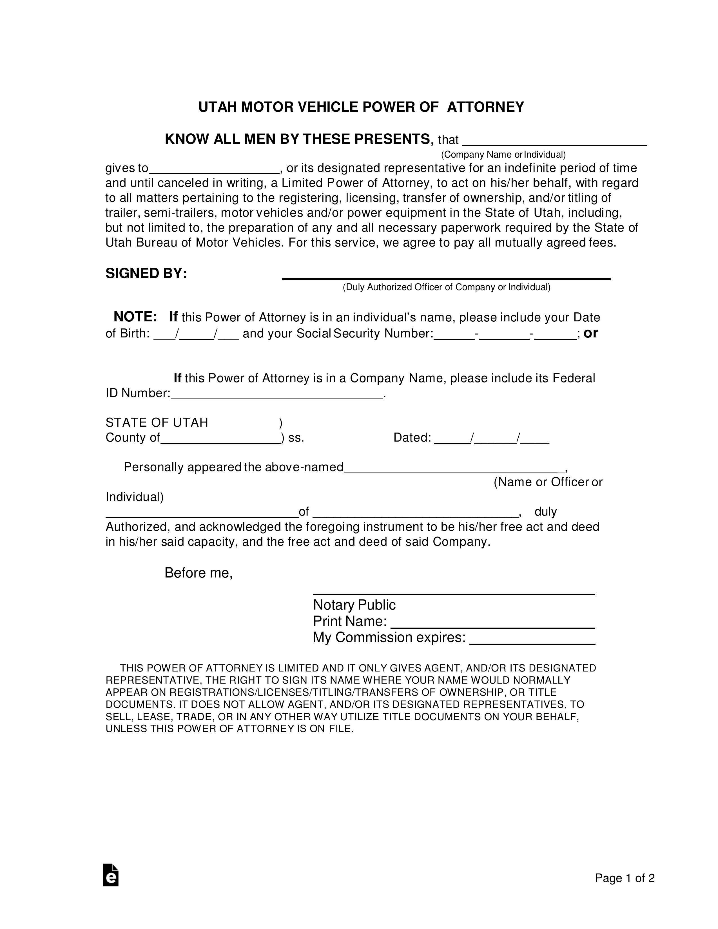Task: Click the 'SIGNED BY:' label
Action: click(x=146, y=274)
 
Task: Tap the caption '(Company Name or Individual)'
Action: click(x=503, y=155)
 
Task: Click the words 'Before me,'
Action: click(x=198, y=573)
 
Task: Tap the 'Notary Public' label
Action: click(x=354, y=605)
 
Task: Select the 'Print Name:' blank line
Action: click(x=492, y=624)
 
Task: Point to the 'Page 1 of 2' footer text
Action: click(x=624, y=878)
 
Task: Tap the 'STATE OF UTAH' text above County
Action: click(x=157, y=422)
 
